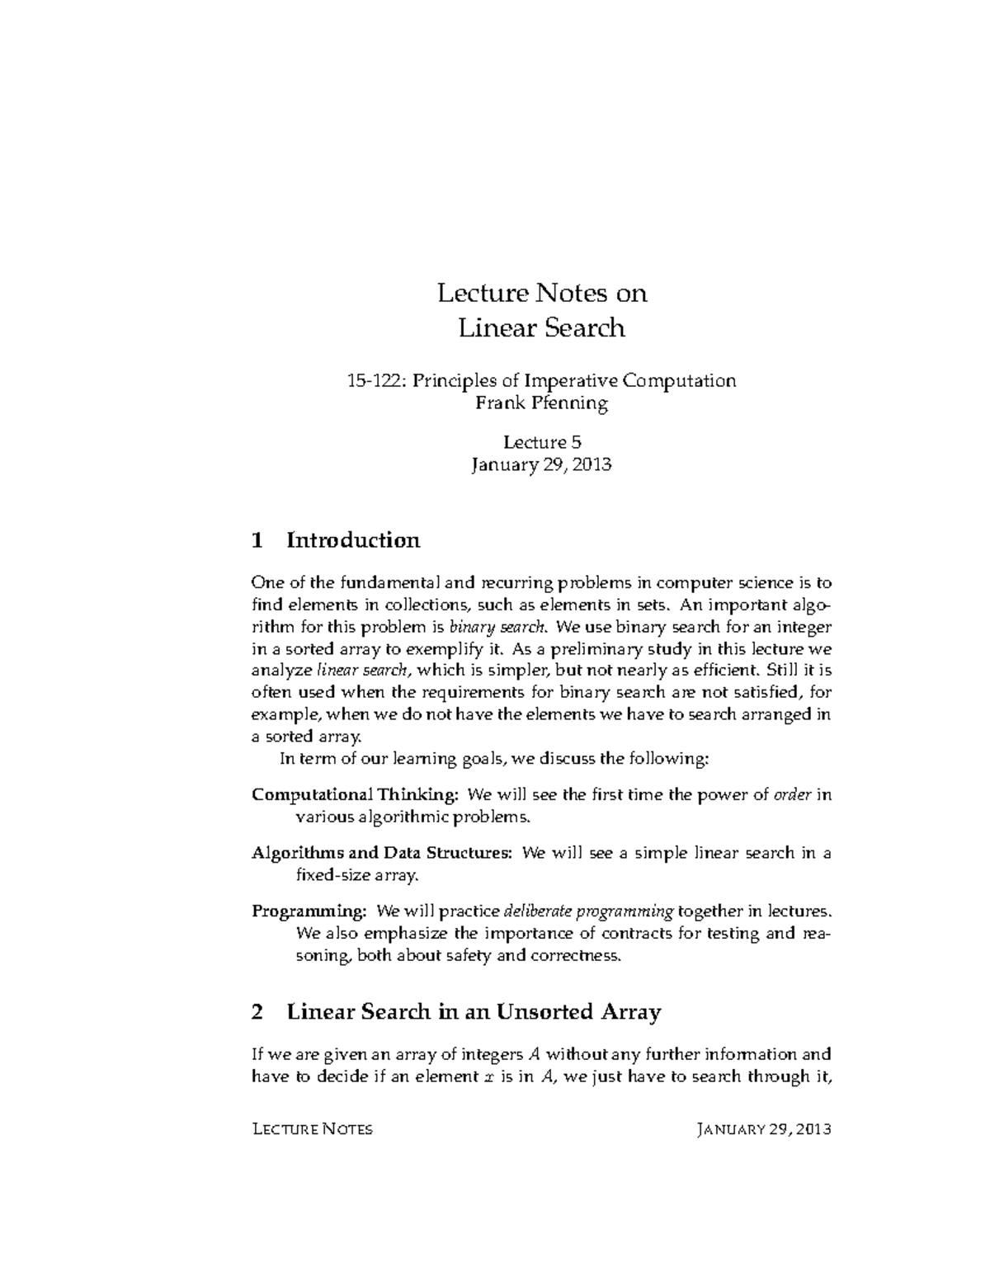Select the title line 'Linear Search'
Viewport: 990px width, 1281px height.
(541, 328)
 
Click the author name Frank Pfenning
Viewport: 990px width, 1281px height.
(541, 403)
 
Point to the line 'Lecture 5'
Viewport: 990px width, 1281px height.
(542, 441)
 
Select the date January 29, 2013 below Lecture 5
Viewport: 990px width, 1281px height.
(541, 464)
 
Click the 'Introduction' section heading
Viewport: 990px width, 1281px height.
(353, 541)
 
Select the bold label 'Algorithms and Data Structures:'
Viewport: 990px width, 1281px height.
(383, 853)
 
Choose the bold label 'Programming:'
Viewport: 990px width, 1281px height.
(309, 911)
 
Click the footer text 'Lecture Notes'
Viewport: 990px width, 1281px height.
(312, 1129)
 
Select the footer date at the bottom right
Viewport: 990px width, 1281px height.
(763, 1129)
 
